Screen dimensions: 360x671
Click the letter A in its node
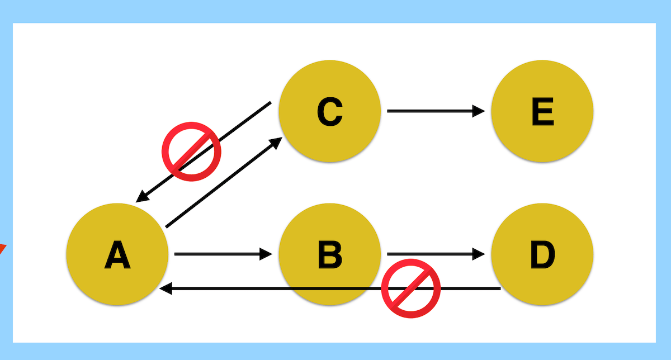tap(117, 255)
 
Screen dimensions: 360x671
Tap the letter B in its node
tap(329, 254)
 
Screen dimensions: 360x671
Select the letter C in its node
tap(329, 111)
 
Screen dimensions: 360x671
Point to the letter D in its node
tap(542, 254)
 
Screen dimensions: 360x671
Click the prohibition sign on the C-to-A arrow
tap(191, 151)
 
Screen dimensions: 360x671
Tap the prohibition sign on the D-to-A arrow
tap(411, 288)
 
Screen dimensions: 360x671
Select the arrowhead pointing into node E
tap(479, 111)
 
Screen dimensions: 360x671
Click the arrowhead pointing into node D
tap(479, 254)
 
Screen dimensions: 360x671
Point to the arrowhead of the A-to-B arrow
tap(266, 254)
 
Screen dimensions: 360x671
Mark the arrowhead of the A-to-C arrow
tap(277, 143)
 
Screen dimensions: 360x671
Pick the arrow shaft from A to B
tap(218, 254)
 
